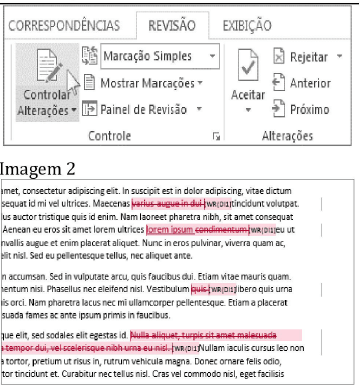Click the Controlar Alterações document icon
click(37, 69)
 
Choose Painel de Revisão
click(147, 107)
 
